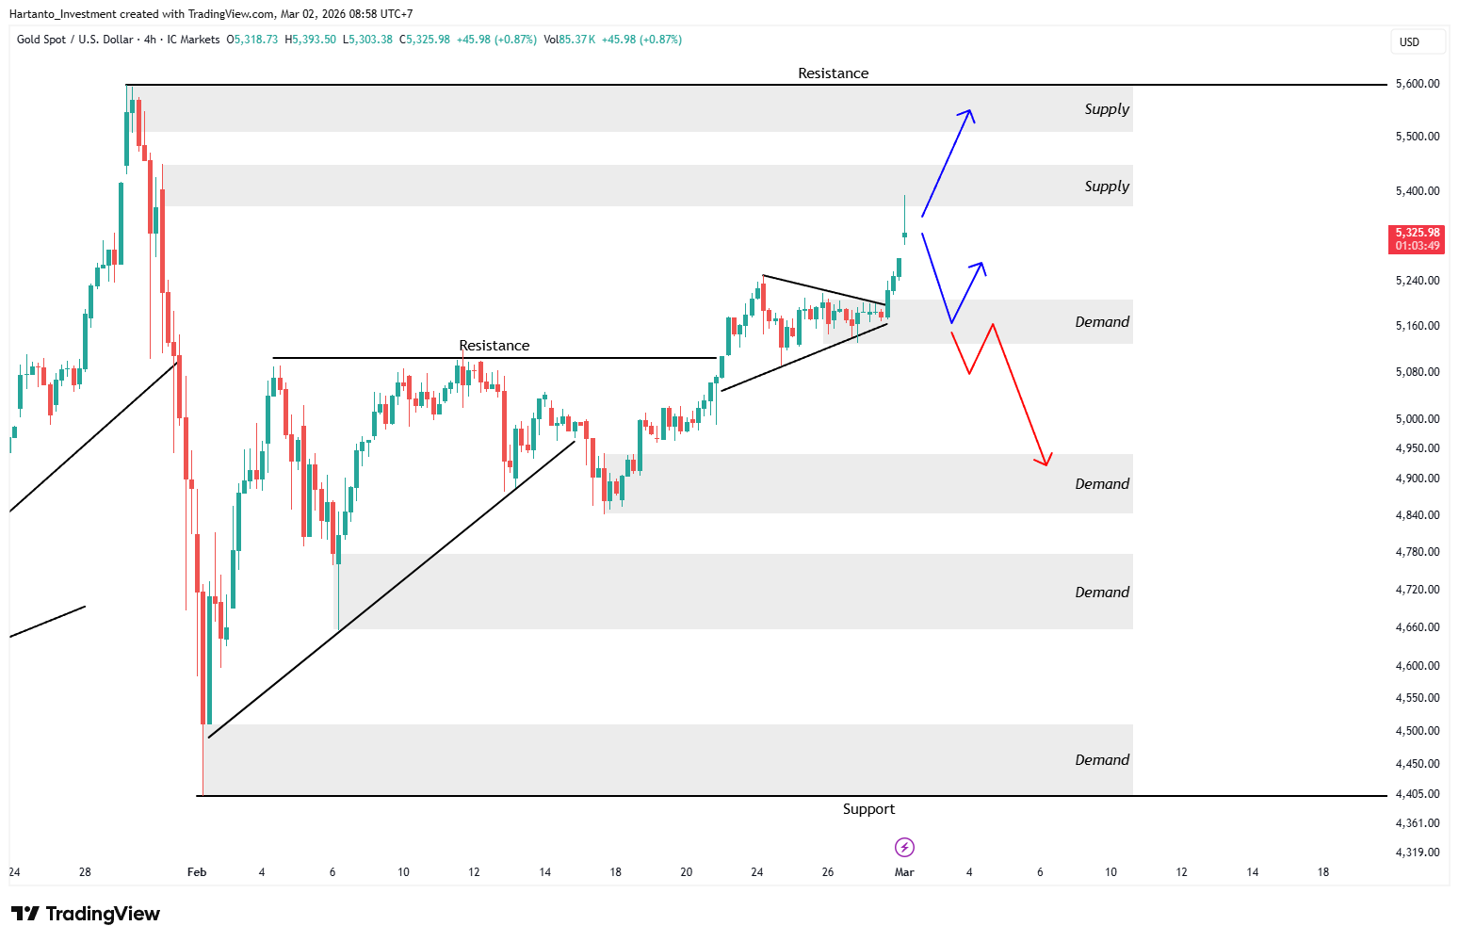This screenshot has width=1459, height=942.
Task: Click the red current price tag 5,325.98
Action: [1416, 239]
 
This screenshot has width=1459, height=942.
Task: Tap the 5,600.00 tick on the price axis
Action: [1418, 84]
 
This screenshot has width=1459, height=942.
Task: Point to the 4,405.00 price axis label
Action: [1418, 793]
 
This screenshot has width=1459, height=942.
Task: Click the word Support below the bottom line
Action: [868, 809]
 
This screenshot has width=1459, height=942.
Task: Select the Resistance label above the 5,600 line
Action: [833, 73]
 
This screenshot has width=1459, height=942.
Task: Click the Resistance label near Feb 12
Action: [494, 346]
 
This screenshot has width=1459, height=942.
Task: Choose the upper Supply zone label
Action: [1107, 109]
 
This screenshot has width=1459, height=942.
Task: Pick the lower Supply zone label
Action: [1107, 187]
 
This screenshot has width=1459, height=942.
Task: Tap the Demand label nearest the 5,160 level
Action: [1102, 322]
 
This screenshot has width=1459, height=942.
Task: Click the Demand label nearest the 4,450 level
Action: [1102, 760]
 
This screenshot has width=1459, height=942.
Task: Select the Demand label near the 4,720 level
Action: [1102, 593]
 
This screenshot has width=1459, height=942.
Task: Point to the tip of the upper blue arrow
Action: [971, 110]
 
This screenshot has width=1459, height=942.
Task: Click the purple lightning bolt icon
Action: [904, 848]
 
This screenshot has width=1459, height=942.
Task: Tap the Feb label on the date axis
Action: [197, 872]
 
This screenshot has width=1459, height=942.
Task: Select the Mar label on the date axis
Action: [904, 872]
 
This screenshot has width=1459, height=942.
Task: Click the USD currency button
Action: [1409, 42]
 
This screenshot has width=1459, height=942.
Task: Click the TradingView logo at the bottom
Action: [86, 914]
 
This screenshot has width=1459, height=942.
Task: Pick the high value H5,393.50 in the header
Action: [311, 40]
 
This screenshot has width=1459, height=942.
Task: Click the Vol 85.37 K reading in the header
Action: [570, 40]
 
